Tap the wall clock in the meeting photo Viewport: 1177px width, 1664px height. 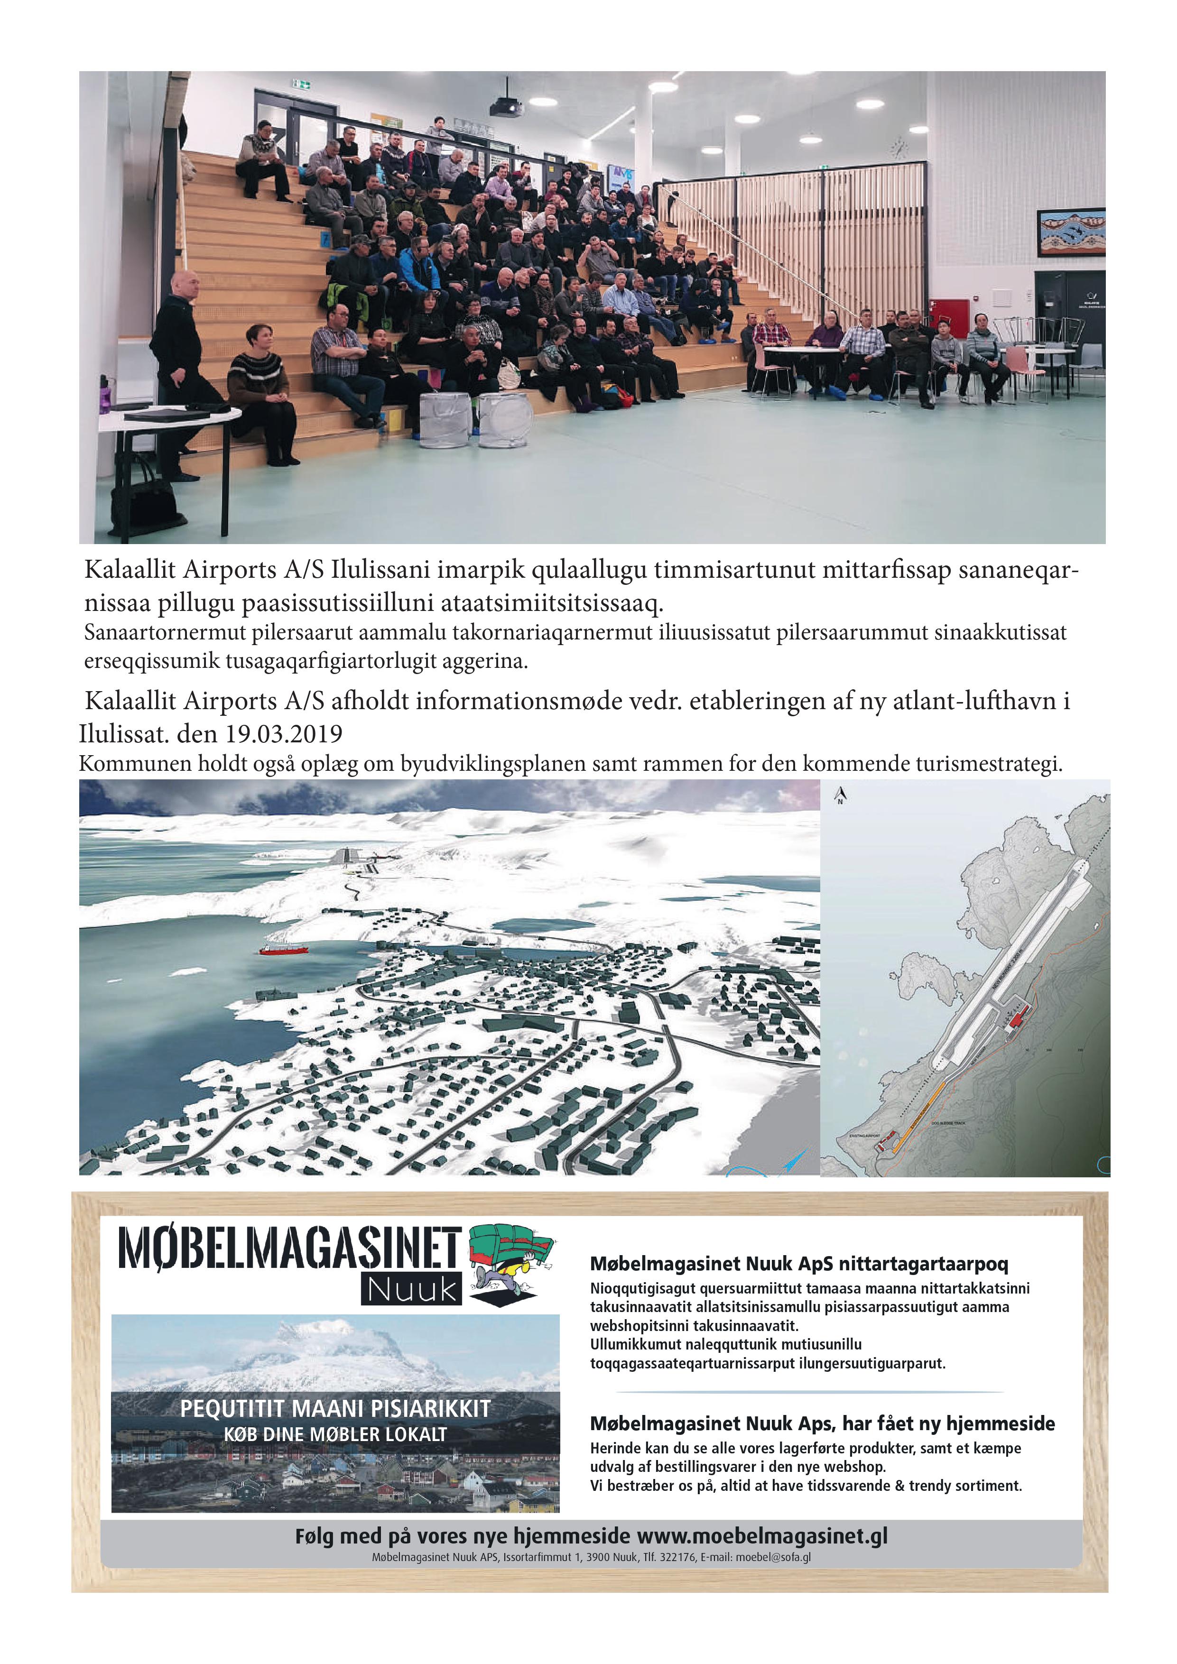tap(898, 148)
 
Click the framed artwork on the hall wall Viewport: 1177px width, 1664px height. tap(1070, 232)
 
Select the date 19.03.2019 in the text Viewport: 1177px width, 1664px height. tap(283, 734)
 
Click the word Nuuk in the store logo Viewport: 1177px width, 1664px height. tap(412, 1289)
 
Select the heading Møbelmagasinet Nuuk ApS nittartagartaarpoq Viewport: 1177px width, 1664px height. tap(799, 1264)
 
